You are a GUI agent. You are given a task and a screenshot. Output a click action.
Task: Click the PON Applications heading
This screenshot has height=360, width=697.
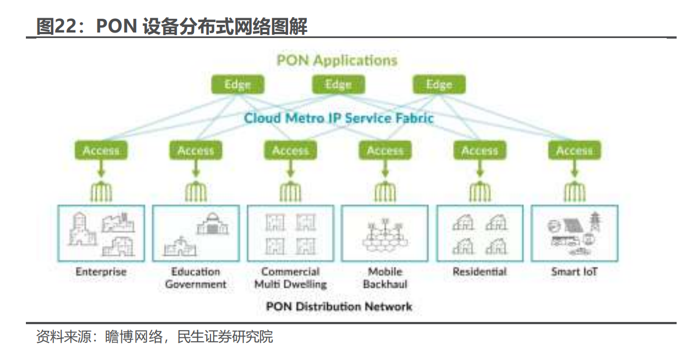pyautogui.click(x=337, y=60)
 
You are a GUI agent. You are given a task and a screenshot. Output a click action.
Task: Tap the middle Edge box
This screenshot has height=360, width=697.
pyautogui.click(x=338, y=84)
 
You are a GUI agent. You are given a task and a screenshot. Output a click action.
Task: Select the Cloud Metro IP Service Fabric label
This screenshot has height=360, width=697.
pyautogui.click(x=338, y=118)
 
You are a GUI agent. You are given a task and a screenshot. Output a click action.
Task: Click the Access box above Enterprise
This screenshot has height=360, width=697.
pyautogui.click(x=101, y=151)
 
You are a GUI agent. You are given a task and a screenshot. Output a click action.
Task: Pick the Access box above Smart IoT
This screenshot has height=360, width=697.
pyautogui.click(x=574, y=151)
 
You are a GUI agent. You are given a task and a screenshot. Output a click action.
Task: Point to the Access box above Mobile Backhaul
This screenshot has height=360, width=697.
pyautogui.click(x=385, y=151)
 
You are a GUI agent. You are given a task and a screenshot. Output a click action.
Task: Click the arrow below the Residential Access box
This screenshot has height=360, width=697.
pyautogui.click(x=480, y=168)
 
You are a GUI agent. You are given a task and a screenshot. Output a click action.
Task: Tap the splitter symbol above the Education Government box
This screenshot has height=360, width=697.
pyautogui.click(x=196, y=191)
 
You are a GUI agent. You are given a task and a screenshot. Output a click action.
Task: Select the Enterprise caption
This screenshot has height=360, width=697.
pyautogui.click(x=101, y=272)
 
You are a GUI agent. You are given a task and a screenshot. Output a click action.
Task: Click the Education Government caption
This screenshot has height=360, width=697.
pyautogui.click(x=196, y=278)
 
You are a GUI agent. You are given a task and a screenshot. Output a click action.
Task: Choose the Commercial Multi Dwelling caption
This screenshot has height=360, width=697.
pyautogui.click(x=290, y=278)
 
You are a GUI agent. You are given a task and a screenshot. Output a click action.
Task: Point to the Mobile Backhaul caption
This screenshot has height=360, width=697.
pyautogui.click(x=385, y=278)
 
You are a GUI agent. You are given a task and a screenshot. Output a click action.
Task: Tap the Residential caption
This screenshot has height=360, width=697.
pyautogui.click(x=480, y=272)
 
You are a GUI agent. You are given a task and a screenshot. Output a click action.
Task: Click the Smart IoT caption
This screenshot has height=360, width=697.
pyautogui.click(x=574, y=272)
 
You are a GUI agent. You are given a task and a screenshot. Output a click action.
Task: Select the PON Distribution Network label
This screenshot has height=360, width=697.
pyautogui.click(x=339, y=307)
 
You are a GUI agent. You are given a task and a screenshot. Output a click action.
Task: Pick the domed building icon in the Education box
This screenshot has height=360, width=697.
pyautogui.click(x=213, y=223)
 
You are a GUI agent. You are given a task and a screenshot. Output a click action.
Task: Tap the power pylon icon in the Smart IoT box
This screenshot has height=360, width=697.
pyautogui.click(x=595, y=222)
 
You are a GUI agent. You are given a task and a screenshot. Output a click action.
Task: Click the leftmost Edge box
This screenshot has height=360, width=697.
pyautogui.click(x=237, y=84)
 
